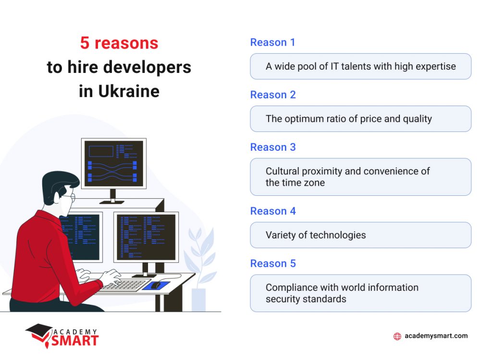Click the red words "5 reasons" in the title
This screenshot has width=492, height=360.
pyautogui.click(x=119, y=43)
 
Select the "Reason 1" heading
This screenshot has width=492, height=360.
pyautogui.click(x=272, y=42)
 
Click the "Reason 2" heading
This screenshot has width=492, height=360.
pyautogui.click(x=272, y=95)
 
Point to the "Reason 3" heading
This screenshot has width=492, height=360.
pyautogui.click(x=272, y=147)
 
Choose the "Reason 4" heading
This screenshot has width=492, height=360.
pyautogui.click(x=272, y=211)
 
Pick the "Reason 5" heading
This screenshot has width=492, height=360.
pyautogui.click(x=272, y=263)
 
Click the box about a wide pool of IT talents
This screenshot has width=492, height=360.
pyautogui.click(x=360, y=66)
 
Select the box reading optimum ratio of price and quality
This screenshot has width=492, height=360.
pyautogui.click(x=360, y=119)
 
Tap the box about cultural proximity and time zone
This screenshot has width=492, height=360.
pyautogui.click(x=360, y=177)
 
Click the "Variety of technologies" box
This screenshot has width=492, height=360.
pyautogui.click(x=360, y=235)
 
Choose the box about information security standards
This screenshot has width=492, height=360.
pyautogui.click(x=360, y=293)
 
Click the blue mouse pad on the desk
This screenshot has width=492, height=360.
pyautogui.click(x=157, y=285)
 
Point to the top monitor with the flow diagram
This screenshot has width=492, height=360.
pyautogui.click(x=113, y=164)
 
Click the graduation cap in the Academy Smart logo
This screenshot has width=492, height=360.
pyautogui.click(x=39, y=331)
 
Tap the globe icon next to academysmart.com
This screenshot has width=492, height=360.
pyautogui.click(x=397, y=336)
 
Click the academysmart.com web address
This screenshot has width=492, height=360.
pyautogui.click(x=436, y=336)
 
